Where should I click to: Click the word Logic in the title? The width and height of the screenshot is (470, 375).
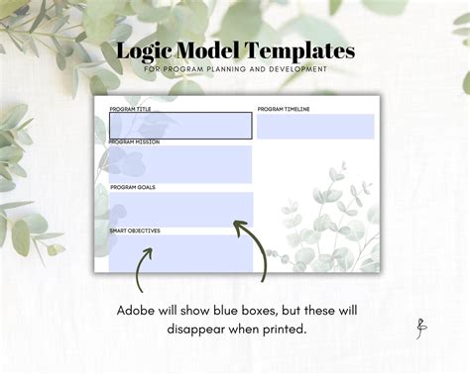tap(144, 51)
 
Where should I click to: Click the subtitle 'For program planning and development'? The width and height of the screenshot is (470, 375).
tap(235, 69)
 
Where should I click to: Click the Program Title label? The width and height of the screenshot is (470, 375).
tap(130, 109)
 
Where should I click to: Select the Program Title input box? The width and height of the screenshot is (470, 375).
tap(179, 126)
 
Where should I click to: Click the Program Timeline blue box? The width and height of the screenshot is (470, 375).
tap(315, 127)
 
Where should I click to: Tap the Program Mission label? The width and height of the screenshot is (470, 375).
tap(134, 142)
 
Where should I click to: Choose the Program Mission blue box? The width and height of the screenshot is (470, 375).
tap(179, 164)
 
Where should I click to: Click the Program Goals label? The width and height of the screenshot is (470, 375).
tap(132, 187)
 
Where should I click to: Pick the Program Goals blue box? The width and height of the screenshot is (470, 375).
tap(179, 209)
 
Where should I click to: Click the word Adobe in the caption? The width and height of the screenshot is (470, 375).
tap(139, 311)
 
